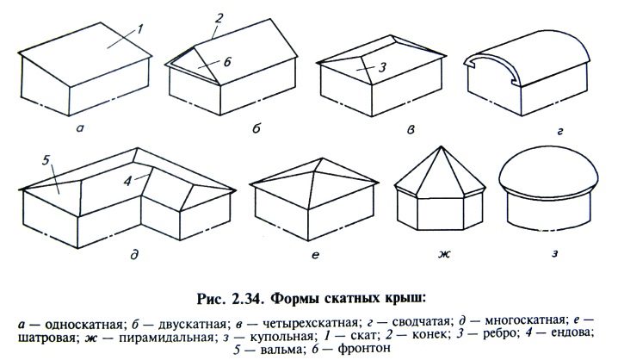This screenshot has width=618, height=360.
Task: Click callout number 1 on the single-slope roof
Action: click(140, 28)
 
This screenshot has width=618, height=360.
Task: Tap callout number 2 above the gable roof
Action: click(219, 18)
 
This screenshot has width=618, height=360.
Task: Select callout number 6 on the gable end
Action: click(227, 62)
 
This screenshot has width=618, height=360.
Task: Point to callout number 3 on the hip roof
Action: click(382, 68)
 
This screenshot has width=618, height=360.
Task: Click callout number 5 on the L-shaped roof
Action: click(46, 160)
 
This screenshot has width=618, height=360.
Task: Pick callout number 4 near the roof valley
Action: click(127, 181)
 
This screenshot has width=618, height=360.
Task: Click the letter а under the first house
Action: click(80, 127)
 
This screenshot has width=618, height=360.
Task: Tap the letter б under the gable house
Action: click(256, 127)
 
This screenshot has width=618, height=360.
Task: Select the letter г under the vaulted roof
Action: click(560, 131)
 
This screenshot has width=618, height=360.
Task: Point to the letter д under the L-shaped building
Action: click(135, 255)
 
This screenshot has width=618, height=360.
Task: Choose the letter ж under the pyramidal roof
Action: click(444, 255)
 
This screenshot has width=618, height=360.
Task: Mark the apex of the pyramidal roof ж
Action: click(441, 146)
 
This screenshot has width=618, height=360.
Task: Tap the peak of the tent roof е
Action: click(323, 158)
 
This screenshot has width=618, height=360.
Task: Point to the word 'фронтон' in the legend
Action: click(364, 349)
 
